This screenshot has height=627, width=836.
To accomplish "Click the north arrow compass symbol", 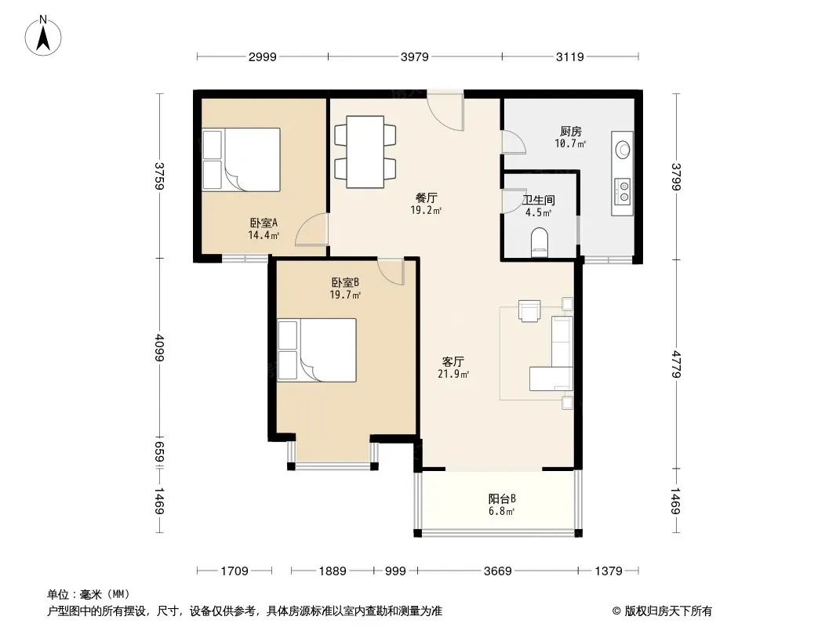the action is click(43, 36).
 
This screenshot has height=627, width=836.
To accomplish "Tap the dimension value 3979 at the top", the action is click(414, 56).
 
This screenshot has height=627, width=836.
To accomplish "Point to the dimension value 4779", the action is click(676, 364).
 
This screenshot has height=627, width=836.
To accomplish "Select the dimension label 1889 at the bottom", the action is click(333, 571).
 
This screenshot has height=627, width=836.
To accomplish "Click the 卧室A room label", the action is click(264, 223).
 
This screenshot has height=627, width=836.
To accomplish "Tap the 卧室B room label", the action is click(345, 282).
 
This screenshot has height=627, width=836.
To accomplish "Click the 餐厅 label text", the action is click(426, 198).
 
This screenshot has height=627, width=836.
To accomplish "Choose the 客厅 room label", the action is click(453, 362).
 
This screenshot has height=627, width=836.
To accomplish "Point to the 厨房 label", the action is click(570, 131).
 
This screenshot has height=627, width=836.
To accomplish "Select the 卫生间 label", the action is click(539, 201).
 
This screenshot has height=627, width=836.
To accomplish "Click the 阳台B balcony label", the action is click(502, 499).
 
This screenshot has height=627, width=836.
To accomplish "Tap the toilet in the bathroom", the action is click(540, 242).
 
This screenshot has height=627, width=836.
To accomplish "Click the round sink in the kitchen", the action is click(623, 150).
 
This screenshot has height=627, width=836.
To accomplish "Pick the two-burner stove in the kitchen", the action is click(622, 190).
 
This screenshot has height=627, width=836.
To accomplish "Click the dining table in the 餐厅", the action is click(365, 152).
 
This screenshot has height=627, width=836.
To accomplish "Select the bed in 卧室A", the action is click(241, 159).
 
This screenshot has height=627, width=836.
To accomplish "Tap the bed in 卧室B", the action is click(317, 350).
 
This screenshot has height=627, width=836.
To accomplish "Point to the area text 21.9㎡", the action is click(453, 374).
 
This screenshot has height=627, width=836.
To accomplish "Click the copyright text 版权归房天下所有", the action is click(668, 611).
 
